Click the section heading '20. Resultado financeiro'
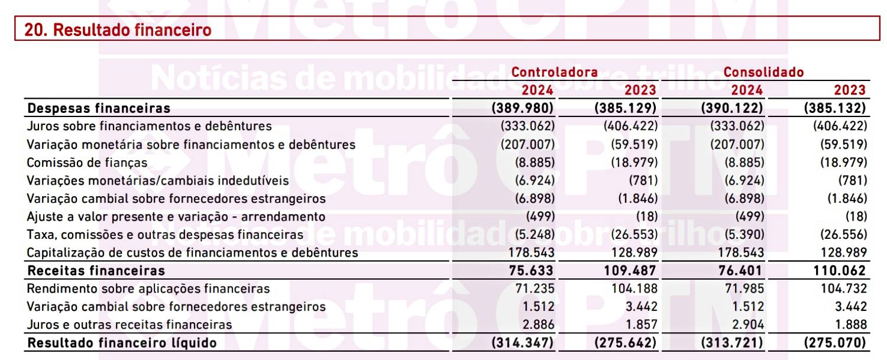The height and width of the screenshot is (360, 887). (118, 30)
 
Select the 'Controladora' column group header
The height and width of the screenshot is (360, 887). (555, 72)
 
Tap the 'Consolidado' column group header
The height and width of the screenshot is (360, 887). (763, 72)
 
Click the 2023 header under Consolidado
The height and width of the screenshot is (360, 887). (850, 90)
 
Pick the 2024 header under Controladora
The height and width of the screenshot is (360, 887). (538, 90)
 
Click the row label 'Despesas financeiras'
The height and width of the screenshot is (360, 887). (99, 108)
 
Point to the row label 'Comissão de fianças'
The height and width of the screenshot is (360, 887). (87, 163)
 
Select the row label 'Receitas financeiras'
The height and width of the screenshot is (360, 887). (96, 271)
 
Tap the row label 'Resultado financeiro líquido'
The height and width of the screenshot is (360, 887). (122, 343)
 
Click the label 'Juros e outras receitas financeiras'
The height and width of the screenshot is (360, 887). (129, 325)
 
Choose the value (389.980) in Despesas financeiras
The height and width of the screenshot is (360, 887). (522, 108)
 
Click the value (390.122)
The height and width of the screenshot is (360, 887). (732, 108)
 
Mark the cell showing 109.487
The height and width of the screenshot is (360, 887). (630, 271)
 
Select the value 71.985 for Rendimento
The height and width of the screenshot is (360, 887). (744, 288)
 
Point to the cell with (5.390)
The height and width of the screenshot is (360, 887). (744, 235)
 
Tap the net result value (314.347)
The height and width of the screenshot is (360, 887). (522, 343)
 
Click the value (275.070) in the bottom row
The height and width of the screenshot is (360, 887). (835, 343)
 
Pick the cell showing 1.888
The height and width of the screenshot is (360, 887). (851, 325)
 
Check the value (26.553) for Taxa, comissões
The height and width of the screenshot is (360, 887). (634, 235)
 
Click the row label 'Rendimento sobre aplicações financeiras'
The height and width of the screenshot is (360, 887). (148, 288)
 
